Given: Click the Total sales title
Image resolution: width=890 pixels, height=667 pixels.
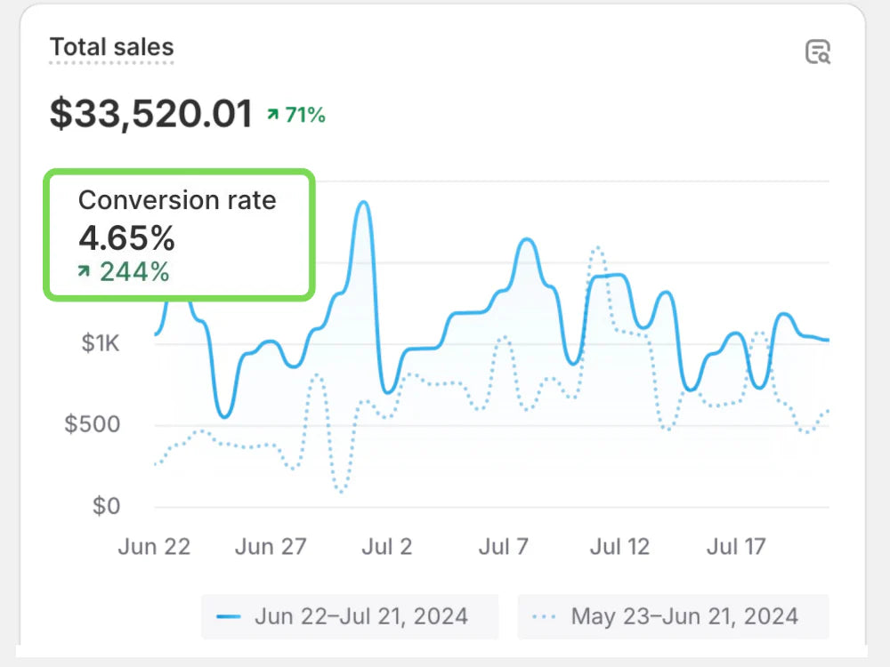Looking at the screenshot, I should [x=111, y=47].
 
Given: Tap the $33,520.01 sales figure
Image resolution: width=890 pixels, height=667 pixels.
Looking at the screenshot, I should [x=151, y=114].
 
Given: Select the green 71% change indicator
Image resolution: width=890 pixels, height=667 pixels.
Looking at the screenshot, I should [x=297, y=115].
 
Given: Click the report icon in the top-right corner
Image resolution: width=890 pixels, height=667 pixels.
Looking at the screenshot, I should [x=817, y=52].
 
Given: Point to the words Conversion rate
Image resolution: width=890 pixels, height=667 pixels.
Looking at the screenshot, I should [x=177, y=200].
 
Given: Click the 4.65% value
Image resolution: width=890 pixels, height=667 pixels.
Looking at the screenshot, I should [x=126, y=238].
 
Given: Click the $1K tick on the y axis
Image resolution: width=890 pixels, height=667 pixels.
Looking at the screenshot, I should [x=100, y=343].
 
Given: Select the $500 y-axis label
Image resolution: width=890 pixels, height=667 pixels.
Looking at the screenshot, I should [x=93, y=424].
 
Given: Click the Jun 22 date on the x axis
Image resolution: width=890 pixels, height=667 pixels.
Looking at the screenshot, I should [x=154, y=546].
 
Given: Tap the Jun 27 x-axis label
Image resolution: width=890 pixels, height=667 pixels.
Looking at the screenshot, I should [x=271, y=546].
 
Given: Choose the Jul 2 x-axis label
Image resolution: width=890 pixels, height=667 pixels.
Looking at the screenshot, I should [x=386, y=546].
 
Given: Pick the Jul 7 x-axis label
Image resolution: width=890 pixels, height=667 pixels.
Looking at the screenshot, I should [x=504, y=546].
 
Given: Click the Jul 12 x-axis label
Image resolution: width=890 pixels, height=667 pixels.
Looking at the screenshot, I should [x=619, y=546].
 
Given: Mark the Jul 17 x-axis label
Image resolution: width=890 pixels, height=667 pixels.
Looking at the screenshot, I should [x=736, y=546].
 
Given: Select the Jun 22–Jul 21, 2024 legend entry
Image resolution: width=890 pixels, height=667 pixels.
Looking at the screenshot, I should [x=349, y=616].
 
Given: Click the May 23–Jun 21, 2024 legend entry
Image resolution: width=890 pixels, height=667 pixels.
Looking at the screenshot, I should [x=673, y=616].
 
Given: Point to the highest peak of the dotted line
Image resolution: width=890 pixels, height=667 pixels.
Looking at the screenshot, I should [x=596, y=248].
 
